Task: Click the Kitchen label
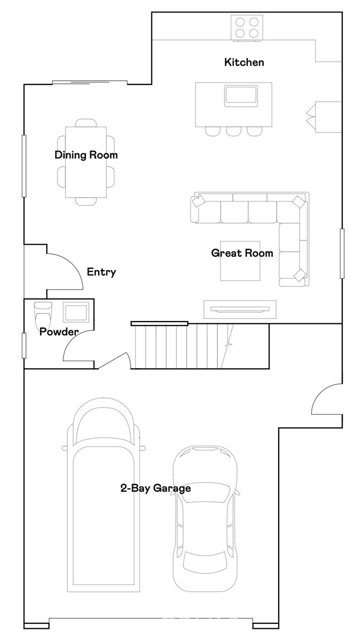[244, 62]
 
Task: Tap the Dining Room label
[86, 155]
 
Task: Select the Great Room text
[242, 253]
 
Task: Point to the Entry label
[101, 272]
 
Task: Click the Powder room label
[59, 332]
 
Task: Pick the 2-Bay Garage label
[156, 488]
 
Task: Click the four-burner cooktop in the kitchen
[247, 27]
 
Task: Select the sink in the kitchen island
[241, 96]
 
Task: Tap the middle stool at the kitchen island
[234, 131]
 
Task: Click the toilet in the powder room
[43, 315]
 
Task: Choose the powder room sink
[76, 312]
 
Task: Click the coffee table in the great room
[240, 261]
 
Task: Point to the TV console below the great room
[240, 309]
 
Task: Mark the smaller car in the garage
[205, 518]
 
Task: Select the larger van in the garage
[103, 495]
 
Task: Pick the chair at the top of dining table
[86, 122]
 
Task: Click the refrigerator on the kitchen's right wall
[324, 117]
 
